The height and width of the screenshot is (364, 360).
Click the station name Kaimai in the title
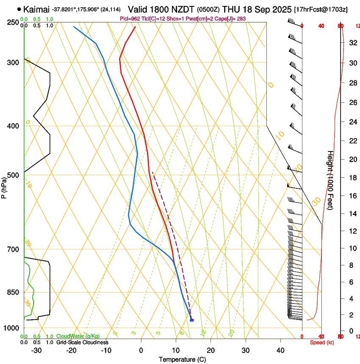tap(36, 9)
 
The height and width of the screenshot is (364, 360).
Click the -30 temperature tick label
tap(36, 350)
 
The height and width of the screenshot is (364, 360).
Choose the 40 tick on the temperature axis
tap(280, 350)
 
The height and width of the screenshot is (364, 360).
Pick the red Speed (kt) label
tap(322, 342)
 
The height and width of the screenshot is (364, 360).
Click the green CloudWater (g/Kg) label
tap(78, 336)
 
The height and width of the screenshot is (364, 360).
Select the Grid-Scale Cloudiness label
tap(82, 342)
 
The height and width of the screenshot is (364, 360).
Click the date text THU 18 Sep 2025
tap(257, 9)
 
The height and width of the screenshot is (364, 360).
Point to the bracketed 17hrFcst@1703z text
tap(321, 9)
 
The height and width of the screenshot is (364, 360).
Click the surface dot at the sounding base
tap(192, 320)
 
